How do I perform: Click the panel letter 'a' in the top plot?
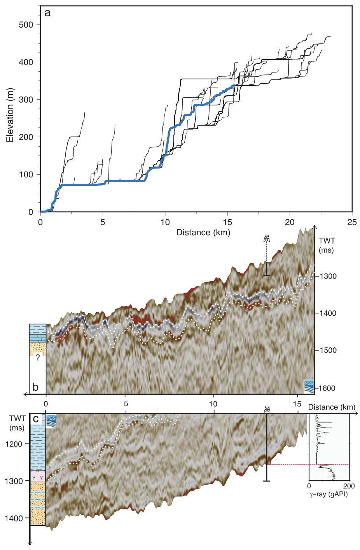pos(47,13)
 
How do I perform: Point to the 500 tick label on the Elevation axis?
pos(26,25)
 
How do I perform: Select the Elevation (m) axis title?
pos(10,115)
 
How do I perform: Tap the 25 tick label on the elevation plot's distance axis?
pos(352,222)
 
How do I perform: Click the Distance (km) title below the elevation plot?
pos(203,233)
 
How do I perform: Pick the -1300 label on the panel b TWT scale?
pos(328,276)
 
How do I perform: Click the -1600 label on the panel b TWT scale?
pos(327,388)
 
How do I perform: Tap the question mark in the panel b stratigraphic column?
pos(38,357)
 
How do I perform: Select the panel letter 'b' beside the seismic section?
pos(35,387)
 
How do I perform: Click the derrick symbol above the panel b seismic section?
pos(267,238)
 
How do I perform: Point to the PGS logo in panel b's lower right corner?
pos(308,386)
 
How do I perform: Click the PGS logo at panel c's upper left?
pos(51,421)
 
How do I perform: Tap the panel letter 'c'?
pos(36,419)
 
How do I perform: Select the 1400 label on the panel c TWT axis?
pos(14,518)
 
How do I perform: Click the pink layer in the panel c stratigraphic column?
pos(38,476)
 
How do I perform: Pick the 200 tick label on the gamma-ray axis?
pos(349,486)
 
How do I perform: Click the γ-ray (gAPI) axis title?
pos(329,494)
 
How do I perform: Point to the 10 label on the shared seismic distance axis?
pos(213,404)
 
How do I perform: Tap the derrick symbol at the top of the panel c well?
pos(267,409)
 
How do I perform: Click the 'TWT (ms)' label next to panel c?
pos(17,423)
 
